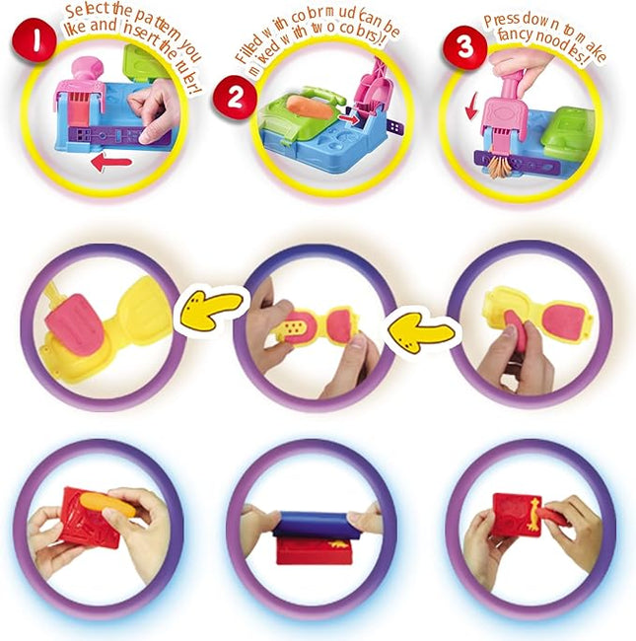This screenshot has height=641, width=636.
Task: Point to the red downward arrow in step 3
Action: tap(474, 108)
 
